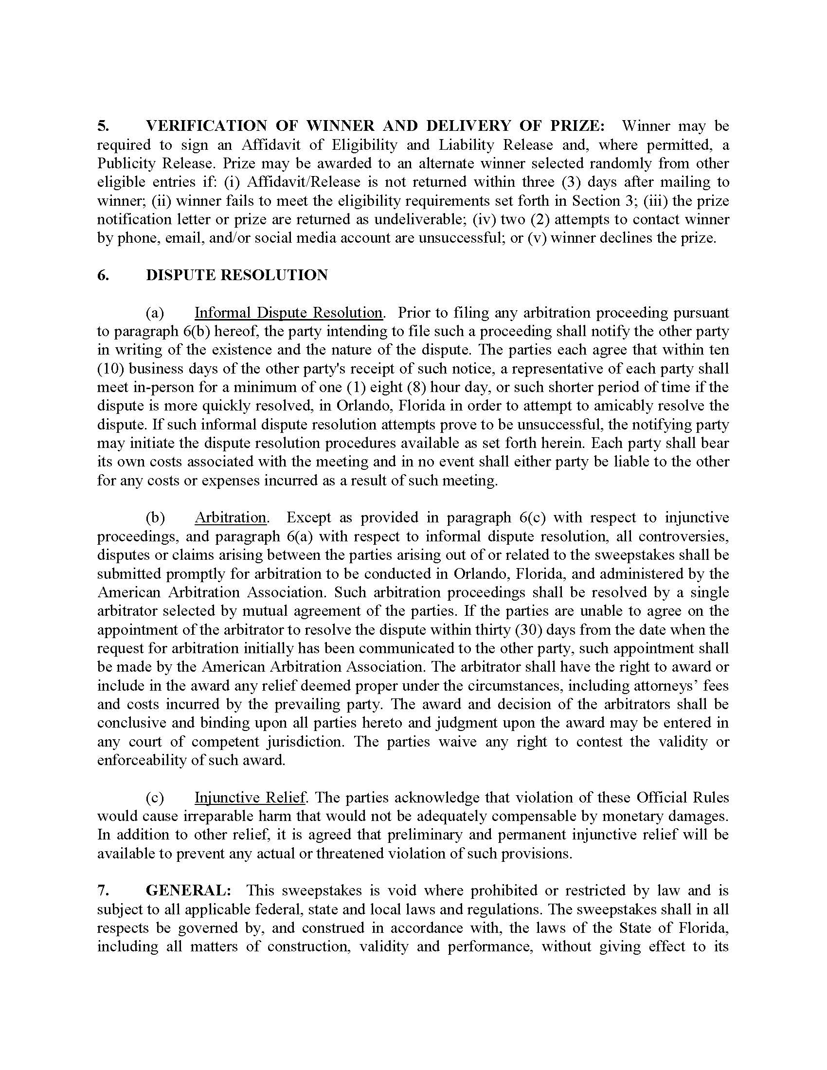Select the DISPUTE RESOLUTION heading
point(236,275)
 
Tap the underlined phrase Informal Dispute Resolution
point(288,313)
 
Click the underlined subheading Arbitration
point(230,517)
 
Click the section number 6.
point(103,275)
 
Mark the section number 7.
point(103,890)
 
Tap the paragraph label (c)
point(155,798)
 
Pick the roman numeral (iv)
point(485,219)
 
